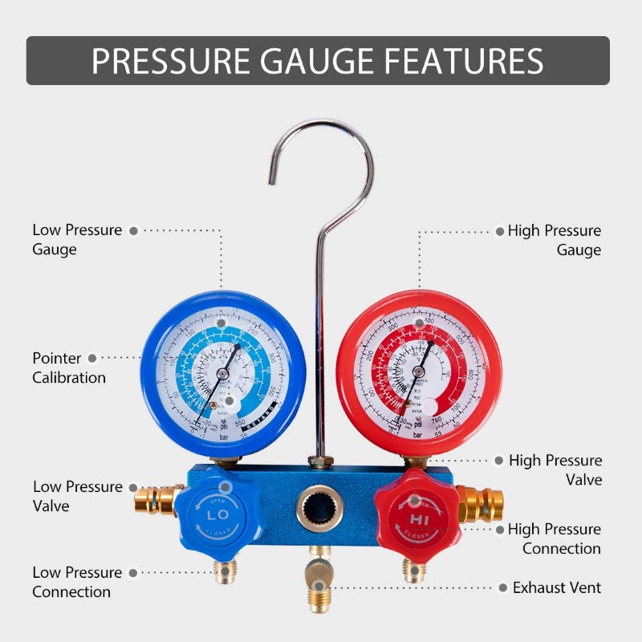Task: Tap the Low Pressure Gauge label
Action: tap(77, 239)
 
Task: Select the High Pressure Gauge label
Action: tap(554, 240)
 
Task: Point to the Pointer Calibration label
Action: tap(69, 368)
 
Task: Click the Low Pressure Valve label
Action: tap(77, 496)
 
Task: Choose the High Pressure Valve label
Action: tap(555, 469)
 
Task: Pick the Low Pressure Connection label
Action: tap(77, 582)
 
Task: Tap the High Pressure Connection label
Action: tap(554, 538)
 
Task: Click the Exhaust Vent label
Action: tap(556, 587)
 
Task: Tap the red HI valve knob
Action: tap(415, 512)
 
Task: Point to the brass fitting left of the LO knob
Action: tap(156, 499)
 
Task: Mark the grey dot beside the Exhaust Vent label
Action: tap(500, 587)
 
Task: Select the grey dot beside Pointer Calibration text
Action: tap(92, 358)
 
